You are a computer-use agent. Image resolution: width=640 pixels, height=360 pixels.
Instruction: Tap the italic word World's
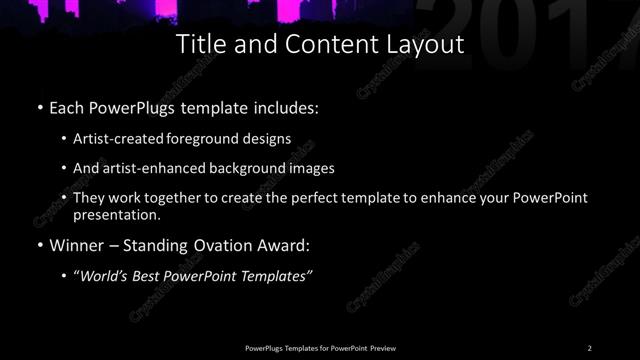tap(106, 277)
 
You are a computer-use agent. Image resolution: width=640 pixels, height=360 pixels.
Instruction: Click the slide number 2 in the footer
tap(590, 348)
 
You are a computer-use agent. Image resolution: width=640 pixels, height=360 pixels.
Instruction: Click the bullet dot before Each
tap(39, 105)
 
